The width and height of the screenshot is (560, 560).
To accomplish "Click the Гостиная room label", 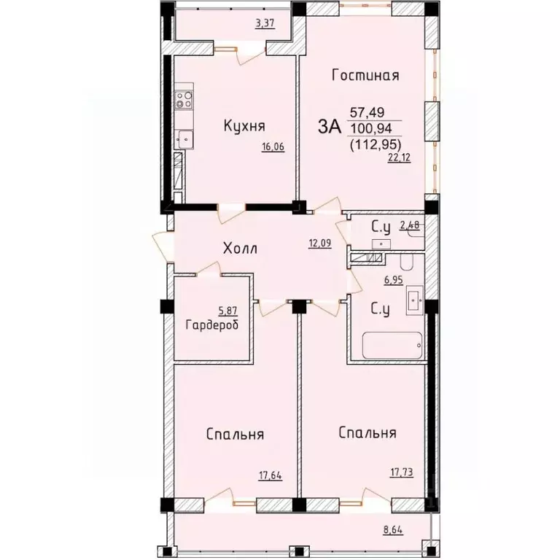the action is coord(365,75).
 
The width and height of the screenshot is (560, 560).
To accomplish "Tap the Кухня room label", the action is coord(245,125).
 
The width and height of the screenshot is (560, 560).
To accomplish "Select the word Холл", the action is coord(240,248).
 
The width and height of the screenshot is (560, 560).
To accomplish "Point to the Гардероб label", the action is coord(212,325).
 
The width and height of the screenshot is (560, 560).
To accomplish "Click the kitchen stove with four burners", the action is coord(184,100).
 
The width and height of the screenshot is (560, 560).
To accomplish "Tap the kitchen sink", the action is coord(184,139).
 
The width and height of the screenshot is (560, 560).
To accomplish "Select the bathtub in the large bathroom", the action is coord(392,345).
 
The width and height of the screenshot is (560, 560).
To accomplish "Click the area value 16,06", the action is coord(273,147).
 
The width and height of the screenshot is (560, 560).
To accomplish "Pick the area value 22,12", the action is coord(400,157).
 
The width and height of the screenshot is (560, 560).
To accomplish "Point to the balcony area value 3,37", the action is coord(265,23).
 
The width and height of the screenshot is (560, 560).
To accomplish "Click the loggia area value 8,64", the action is coord(393,529).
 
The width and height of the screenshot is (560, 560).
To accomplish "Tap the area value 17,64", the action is coord(271,475).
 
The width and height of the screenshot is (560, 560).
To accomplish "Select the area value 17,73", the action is coord(402,472).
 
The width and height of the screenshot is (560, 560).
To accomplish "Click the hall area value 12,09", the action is coord(320,244).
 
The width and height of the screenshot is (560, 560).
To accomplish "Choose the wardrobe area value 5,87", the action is coord(227,311).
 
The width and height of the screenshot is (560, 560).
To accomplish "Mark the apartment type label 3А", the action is coord(330,127).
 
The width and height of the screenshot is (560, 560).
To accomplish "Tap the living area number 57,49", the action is coord(367,112).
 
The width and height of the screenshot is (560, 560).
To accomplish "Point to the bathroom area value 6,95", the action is coord(394,280).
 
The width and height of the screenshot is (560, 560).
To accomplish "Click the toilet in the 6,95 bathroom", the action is coord(406,262).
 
